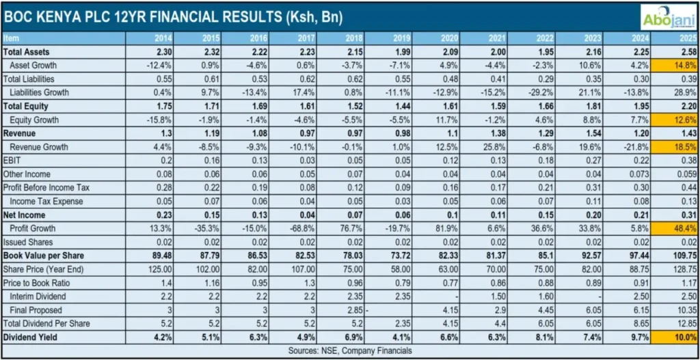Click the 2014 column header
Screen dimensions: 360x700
coord(154,38)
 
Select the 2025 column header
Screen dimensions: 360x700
coord(685,38)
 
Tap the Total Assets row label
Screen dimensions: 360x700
coord(27,52)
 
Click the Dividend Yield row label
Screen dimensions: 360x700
coord(30,337)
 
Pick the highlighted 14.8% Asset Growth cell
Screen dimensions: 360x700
coord(684,66)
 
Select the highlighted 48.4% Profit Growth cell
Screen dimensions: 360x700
coord(684,228)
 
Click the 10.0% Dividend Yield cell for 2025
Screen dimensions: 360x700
coord(684,337)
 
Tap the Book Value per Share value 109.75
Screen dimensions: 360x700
coord(683,255)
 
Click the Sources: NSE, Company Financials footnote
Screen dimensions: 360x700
coord(350,350)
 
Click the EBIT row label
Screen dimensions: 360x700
coord(13,161)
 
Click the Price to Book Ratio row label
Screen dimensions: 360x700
coord(38,283)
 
